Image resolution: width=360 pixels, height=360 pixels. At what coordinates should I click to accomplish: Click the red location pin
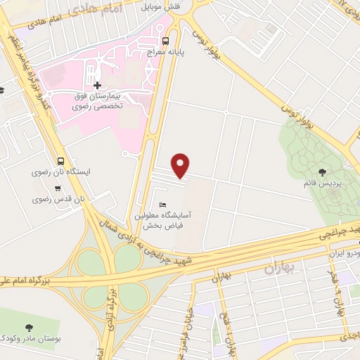[181, 165]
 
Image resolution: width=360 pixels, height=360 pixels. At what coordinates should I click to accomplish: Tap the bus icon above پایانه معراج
[165, 40]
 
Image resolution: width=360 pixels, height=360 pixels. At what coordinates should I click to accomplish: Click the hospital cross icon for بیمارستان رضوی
[97, 85]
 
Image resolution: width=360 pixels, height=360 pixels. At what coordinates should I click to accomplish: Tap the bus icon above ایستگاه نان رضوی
[60, 161]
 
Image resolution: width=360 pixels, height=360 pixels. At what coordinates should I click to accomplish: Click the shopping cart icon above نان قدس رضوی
[57, 188]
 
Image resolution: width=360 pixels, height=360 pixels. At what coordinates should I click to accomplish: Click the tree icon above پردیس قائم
[322, 172]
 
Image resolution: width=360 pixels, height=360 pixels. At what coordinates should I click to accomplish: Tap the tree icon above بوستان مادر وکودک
[29, 328]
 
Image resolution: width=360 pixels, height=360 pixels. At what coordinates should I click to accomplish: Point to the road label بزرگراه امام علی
[32, 279]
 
